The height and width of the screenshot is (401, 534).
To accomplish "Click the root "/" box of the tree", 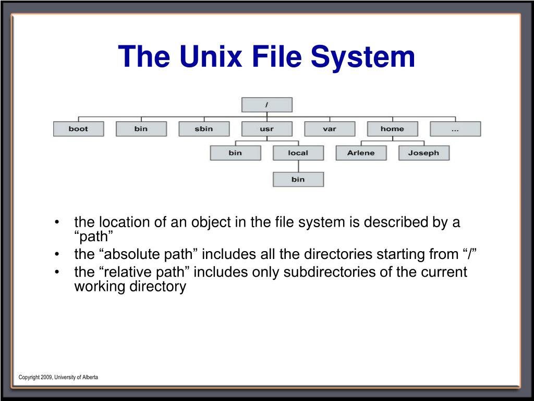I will click(266, 104).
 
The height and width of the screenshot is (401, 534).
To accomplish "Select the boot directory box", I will click(78, 129).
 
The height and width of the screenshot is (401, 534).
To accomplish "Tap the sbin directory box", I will click(204, 129).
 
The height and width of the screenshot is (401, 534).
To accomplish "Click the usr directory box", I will click(266, 129).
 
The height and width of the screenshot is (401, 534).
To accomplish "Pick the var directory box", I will click(330, 129).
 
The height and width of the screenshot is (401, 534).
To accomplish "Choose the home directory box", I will click(392, 129).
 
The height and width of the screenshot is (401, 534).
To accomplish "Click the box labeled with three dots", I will click(455, 129).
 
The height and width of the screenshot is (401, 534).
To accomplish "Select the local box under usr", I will click(298, 153).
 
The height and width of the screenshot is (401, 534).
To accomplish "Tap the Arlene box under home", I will click(361, 153).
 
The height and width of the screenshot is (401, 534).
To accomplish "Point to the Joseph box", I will click(423, 153).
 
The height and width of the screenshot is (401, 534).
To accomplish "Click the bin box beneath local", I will click(298, 179).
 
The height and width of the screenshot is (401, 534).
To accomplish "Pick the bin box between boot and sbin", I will click(141, 129).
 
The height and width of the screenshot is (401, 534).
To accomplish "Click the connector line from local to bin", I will click(298, 166).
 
